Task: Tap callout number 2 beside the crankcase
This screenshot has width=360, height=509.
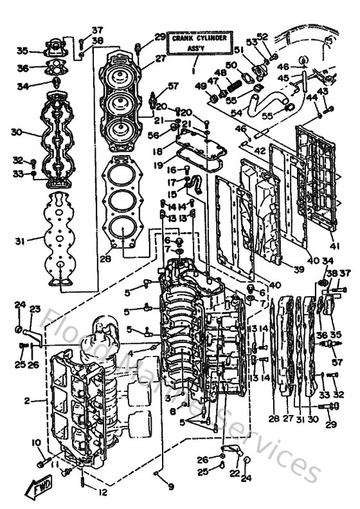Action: [x=26, y=402]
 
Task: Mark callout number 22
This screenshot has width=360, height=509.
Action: [x=234, y=474]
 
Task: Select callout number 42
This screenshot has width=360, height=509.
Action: [x=259, y=151]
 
